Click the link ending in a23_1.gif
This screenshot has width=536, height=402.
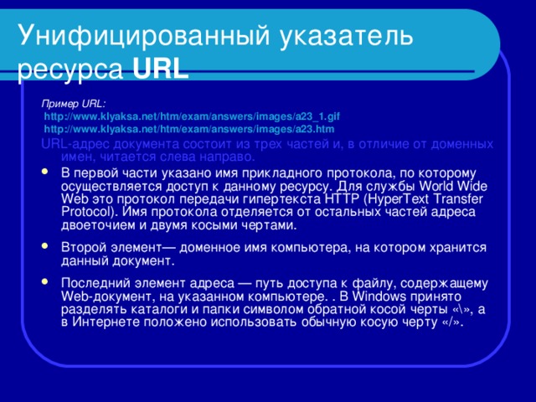191,117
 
